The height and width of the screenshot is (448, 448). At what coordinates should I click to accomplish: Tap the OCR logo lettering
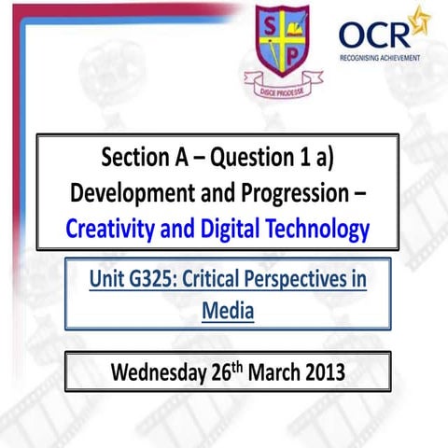(373, 34)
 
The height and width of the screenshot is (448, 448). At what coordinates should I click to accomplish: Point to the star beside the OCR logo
(422, 19)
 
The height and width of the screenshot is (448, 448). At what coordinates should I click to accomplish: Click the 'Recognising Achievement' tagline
(380, 57)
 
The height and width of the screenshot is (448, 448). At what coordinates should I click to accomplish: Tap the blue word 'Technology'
(317, 228)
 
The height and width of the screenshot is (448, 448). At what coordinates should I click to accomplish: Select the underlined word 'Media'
(228, 310)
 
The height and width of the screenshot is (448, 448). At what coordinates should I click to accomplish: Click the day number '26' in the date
(222, 371)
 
